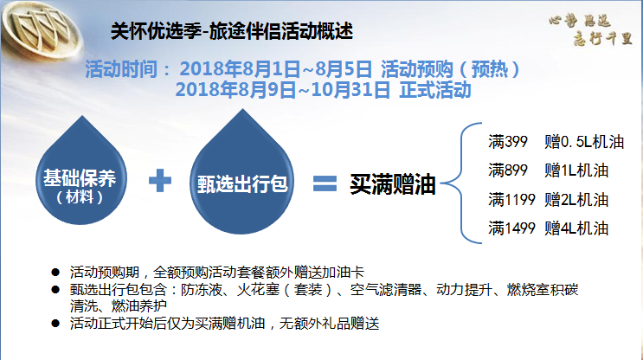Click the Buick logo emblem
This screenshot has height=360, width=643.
coord(41,29)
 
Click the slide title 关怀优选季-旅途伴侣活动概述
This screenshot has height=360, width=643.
coord(232,31)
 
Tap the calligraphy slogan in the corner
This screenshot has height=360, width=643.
coord(590,29)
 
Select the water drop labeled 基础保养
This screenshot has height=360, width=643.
coord(81,171)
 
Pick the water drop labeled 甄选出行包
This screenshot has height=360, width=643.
coord(242,173)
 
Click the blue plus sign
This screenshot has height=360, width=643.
coord(160,180)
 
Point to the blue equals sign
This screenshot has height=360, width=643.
coord(325,183)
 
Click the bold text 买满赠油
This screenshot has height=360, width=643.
coord(392,184)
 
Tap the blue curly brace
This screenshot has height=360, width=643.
coord(462,183)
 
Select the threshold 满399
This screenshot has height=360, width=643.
coord(508,142)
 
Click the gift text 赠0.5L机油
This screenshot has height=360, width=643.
coord(584,142)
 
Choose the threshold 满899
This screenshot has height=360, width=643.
coord(508,170)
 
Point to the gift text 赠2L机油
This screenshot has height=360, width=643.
coord(576,200)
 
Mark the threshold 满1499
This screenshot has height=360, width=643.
coord(511,228)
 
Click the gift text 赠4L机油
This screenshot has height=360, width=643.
coord(576,228)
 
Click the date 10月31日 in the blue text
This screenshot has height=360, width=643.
coord(350,90)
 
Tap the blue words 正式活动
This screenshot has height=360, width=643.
coord(435,90)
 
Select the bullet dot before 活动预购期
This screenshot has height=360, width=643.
coord(55,273)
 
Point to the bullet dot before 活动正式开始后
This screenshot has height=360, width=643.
coord(55,324)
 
